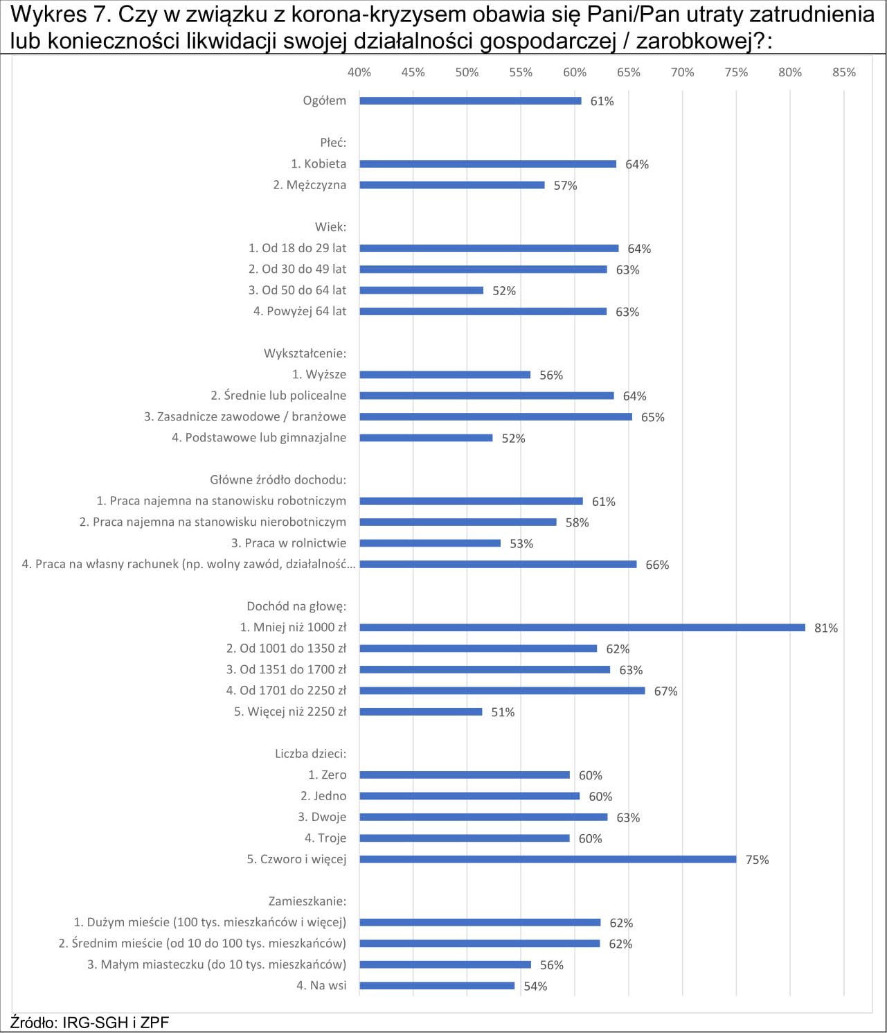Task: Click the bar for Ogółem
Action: pos(470,101)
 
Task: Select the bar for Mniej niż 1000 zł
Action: pos(582,628)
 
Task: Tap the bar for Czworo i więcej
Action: pos(548,859)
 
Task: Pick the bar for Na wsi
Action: pos(437,985)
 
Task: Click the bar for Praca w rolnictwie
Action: pos(430,543)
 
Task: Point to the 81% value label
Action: pos(826,628)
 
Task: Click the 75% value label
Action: pos(757,860)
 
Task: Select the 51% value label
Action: pos(503,712)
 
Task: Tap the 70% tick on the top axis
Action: pos(682,73)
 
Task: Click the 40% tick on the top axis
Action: pos(359,73)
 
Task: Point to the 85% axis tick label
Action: pos(844,73)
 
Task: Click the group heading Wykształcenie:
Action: pos(305,353)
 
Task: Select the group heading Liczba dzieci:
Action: pos(311,754)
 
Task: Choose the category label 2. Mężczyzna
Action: pos(310,185)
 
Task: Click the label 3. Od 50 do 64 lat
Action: pos(297,290)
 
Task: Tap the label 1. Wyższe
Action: pos(319,374)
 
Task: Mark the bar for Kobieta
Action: pos(488,164)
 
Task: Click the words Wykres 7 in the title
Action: pos(56,15)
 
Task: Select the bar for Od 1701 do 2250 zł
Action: pos(503,691)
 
